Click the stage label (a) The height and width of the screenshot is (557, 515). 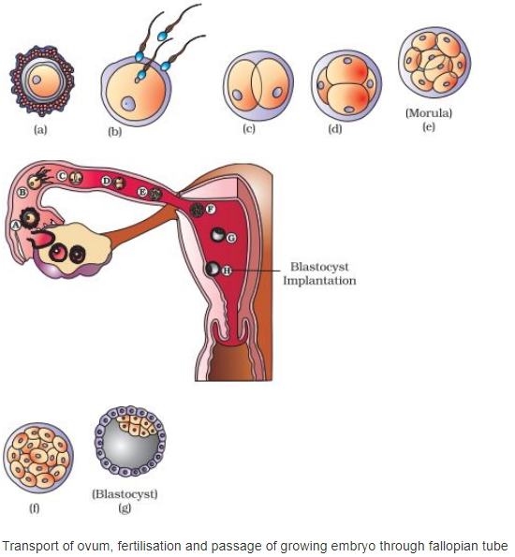click(x=40, y=130)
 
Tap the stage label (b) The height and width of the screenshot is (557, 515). click(x=115, y=132)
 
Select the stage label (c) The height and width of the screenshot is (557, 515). click(x=249, y=128)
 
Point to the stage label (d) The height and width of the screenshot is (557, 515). click(x=335, y=129)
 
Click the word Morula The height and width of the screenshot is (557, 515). click(x=429, y=113)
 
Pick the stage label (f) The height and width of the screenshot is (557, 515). click(x=34, y=508)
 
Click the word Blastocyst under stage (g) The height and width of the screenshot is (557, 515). click(x=125, y=494)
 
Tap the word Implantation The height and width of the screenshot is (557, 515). click(x=319, y=281)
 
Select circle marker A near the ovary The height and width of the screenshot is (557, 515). click(x=16, y=226)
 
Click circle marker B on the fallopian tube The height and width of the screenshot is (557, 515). click(x=22, y=193)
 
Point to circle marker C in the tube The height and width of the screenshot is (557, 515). click(x=63, y=175)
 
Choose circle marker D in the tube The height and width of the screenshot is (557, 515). click(x=106, y=182)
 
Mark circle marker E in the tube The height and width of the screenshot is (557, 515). click(x=142, y=192)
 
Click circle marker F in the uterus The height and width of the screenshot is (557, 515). click(x=211, y=209)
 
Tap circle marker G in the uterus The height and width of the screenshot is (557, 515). click(x=231, y=238)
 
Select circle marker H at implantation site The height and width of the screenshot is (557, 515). click(x=227, y=271)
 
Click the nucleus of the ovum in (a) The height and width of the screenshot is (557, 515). click(x=37, y=80)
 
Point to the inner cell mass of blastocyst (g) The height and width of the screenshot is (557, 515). click(x=137, y=426)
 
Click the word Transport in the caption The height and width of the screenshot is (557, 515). click(x=28, y=546)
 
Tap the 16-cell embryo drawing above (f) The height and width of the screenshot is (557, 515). click(x=38, y=458)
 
